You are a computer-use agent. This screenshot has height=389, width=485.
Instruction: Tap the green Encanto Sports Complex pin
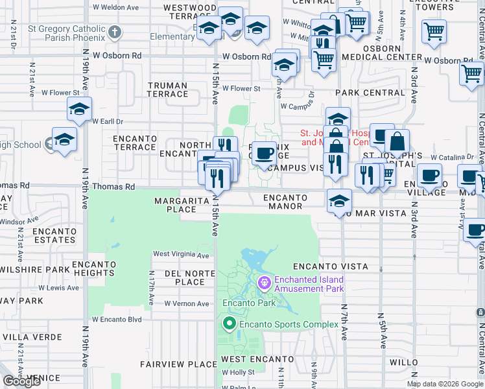coord(228,323)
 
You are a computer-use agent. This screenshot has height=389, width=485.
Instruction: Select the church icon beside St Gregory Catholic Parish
coord(115,32)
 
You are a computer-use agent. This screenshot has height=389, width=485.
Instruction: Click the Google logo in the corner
coord(22,381)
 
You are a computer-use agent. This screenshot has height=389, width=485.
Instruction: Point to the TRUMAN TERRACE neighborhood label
coord(167,89)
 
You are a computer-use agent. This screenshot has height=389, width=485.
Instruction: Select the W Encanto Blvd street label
coord(117,319)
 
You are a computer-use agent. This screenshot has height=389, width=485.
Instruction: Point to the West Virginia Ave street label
coord(181,255)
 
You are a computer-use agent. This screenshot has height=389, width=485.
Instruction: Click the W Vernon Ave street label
coord(187,303)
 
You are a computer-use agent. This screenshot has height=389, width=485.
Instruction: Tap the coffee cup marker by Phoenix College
coord(264,154)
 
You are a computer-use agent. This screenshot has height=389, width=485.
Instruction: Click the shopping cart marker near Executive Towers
coord(434,30)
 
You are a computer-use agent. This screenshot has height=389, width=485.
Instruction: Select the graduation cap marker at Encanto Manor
coord(338,200)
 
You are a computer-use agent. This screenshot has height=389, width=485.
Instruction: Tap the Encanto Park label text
coord(249,302)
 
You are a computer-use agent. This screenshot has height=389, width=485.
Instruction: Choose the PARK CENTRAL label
coord(370,93)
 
